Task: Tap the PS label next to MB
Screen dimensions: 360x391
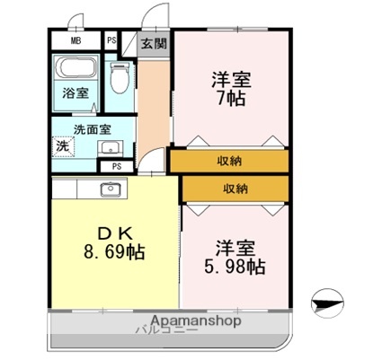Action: click(111, 40)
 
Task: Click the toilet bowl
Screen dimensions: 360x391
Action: click(117, 81)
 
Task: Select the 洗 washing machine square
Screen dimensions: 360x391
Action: click(63, 146)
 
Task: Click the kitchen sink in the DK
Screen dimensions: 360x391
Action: click(111, 189)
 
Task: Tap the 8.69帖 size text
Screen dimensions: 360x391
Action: click(114, 251)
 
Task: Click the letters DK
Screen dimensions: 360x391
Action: click(113, 233)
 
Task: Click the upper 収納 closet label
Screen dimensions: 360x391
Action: click(228, 162)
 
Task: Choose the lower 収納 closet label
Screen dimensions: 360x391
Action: click(235, 189)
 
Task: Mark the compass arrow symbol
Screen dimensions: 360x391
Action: click(328, 303)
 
